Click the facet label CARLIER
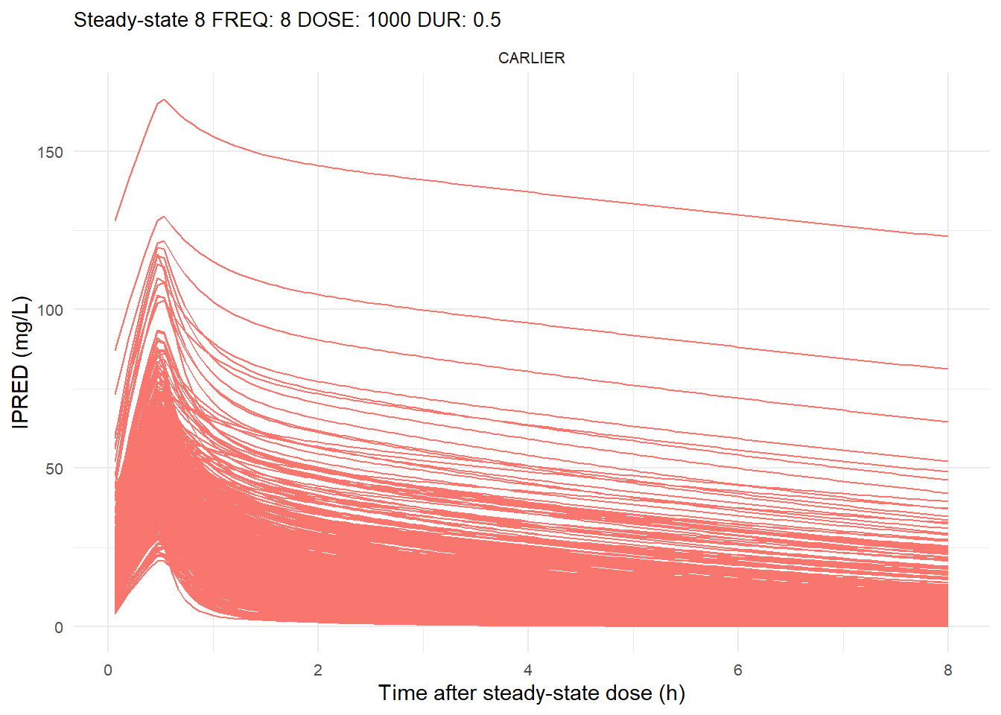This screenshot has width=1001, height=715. point(531,58)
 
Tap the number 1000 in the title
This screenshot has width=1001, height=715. point(388,20)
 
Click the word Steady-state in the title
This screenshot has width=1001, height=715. point(130,20)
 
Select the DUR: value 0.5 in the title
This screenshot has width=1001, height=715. point(486,20)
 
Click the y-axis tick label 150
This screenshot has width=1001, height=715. point(50,152)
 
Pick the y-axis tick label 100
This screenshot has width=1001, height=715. point(50,310)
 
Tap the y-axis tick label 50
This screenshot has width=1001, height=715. point(54,468)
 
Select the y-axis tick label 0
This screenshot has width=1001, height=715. point(59,627)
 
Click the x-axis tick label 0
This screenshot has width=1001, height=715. point(108,670)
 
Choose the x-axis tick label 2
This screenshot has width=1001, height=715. point(318,670)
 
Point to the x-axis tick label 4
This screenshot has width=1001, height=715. point(528,670)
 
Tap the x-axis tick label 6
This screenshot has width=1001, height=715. point(738,670)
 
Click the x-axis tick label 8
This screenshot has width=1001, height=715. point(947,670)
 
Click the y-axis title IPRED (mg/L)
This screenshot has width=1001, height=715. point(21,362)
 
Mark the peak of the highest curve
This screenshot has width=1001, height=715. point(163,99)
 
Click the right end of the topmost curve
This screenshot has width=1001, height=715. point(947,236)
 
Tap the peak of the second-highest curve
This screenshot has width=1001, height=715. point(163,217)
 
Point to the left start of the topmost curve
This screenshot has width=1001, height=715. point(115,220)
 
